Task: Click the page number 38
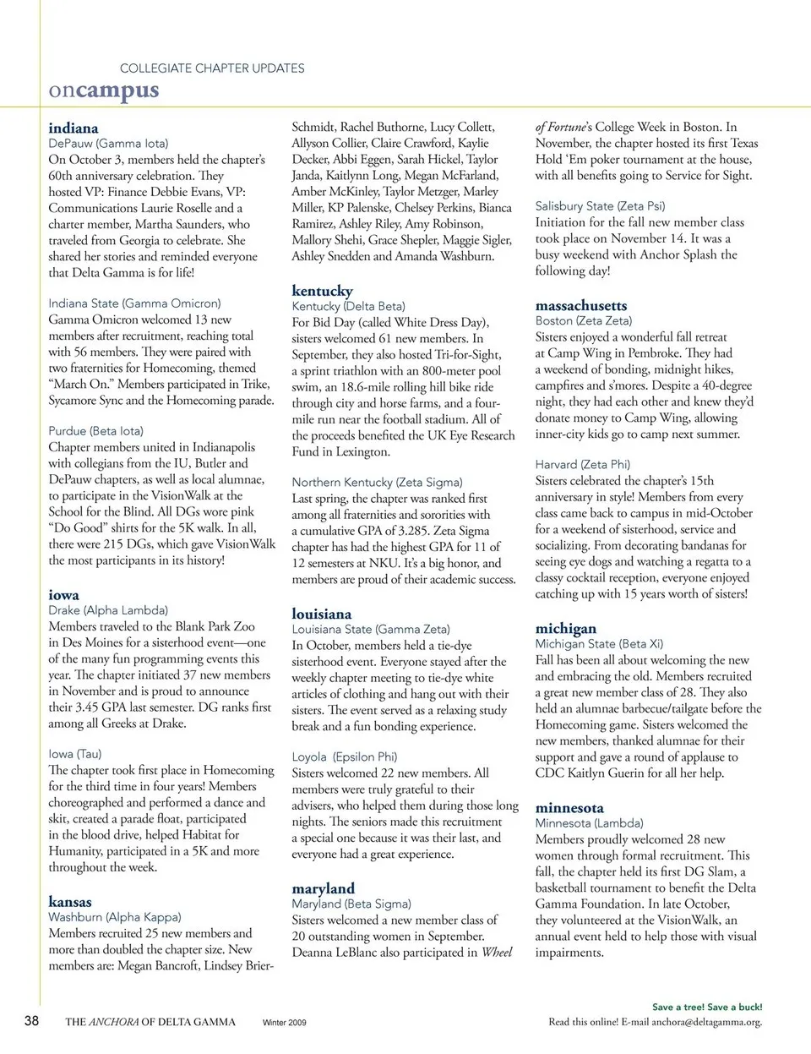tap(31, 1020)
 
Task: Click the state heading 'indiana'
tap(73, 128)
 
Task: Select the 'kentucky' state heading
tap(322, 290)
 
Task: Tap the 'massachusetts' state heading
tap(581, 305)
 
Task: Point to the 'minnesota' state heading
tap(569, 807)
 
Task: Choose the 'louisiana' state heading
tap(321, 614)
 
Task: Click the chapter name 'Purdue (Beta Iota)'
tap(96, 431)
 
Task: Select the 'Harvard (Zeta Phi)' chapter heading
tap(582, 464)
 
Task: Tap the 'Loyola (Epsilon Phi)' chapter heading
tap(344, 756)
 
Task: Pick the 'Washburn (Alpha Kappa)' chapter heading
tap(115, 917)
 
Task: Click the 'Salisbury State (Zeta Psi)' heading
tap(600, 206)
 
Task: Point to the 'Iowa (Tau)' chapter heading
tap(75, 754)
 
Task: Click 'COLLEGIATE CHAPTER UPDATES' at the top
tap(212, 68)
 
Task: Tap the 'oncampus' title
tap(103, 90)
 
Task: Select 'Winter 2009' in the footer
tap(285, 1023)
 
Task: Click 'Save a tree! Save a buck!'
tap(707, 1007)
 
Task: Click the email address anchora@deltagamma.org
tap(705, 1022)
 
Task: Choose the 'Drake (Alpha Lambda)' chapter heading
tap(108, 610)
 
